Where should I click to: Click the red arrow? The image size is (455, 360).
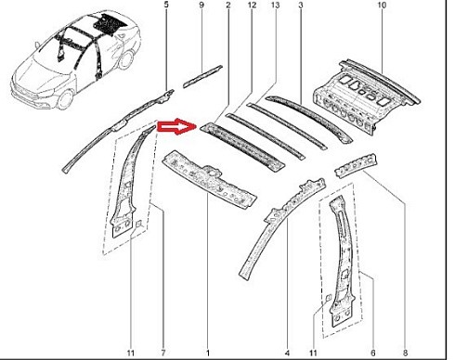point(177,126)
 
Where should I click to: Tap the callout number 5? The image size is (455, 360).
point(166,5)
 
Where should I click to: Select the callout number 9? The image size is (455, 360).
point(201,5)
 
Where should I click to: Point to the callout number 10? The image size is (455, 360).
point(382,5)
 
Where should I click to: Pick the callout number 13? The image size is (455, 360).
point(275,5)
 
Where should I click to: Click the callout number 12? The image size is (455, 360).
point(252,5)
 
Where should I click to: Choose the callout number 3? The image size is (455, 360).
point(301,5)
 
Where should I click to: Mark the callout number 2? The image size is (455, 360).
point(228,5)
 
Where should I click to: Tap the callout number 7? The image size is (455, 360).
point(163,353)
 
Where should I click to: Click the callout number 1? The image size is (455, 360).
point(208,353)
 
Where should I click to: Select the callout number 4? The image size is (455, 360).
point(287,353)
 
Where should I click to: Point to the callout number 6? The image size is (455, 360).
point(373,353)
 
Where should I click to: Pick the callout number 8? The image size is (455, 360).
point(405,353)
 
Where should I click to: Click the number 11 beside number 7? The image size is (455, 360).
point(131,353)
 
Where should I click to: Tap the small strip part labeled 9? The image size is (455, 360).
point(202,76)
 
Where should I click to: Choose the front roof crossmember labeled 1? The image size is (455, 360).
point(209,179)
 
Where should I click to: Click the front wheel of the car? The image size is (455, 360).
point(66,99)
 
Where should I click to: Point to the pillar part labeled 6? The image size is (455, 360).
point(342,263)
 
